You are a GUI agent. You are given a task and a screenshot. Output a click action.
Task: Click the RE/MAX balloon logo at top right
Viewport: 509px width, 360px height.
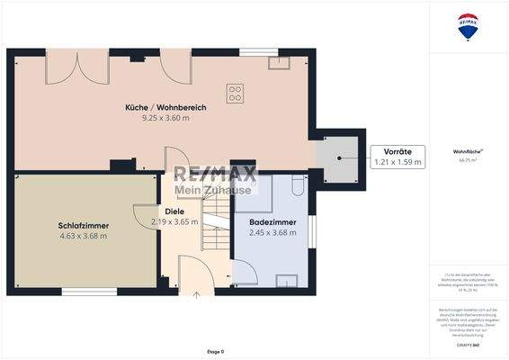coord(468,26)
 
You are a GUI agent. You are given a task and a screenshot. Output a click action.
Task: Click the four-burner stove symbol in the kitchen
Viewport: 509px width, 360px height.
coord(235,93)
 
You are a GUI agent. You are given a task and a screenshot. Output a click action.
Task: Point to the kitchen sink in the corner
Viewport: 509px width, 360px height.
coord(279,62)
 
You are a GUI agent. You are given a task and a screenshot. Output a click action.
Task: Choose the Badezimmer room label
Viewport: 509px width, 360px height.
coord(271,221)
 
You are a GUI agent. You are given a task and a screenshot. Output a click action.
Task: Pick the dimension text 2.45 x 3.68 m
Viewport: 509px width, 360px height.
coord(271,233)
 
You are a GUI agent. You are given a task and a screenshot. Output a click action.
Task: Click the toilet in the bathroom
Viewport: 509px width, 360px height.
coord(296,185)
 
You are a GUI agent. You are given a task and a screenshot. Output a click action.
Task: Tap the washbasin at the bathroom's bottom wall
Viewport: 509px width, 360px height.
coord(286,280)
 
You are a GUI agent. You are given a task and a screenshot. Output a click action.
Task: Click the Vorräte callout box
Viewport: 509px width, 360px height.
coord(397,157)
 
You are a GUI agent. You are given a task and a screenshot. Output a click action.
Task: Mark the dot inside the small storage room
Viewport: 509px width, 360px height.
coord(339,158)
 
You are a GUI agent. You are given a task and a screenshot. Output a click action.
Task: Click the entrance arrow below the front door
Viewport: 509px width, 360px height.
coord(196,293)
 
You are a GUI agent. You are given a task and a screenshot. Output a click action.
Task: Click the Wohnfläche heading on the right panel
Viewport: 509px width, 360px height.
coord(467,151)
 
